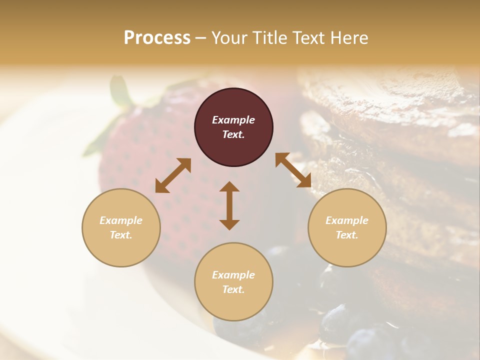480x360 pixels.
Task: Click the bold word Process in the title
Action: pyautogui.click(x=157, y=38)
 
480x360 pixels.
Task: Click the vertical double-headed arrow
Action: pyautogui.click(x=229, y=205)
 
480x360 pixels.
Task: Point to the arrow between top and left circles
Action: pyautogui.click(x=173, y=175)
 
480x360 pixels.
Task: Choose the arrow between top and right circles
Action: pyautogui.click(x=293, y=170)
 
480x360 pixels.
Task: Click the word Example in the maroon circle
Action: pyautogui.click(x=233, y=120)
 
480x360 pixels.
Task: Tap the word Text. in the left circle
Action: pyautogui.click(x=121, y=235)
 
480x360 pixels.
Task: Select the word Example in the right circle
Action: pyautogui.click(x=347, y=220)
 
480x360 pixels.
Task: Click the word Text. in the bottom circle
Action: pyautogui.click(x=233, y=289)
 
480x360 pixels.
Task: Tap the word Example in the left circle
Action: pyautogui.click(x=121, y=220)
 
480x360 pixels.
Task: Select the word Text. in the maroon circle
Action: pyautogui.click(x=233, y=134)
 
